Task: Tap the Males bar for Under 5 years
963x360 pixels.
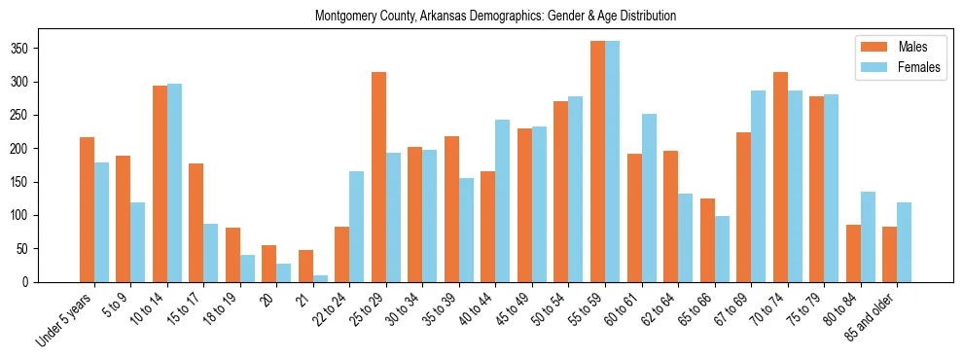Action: (87, 209)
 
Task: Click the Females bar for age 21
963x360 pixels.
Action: (320, 278)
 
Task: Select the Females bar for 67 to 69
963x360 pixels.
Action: (758, 186)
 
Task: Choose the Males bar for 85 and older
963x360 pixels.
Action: (889, 254)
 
